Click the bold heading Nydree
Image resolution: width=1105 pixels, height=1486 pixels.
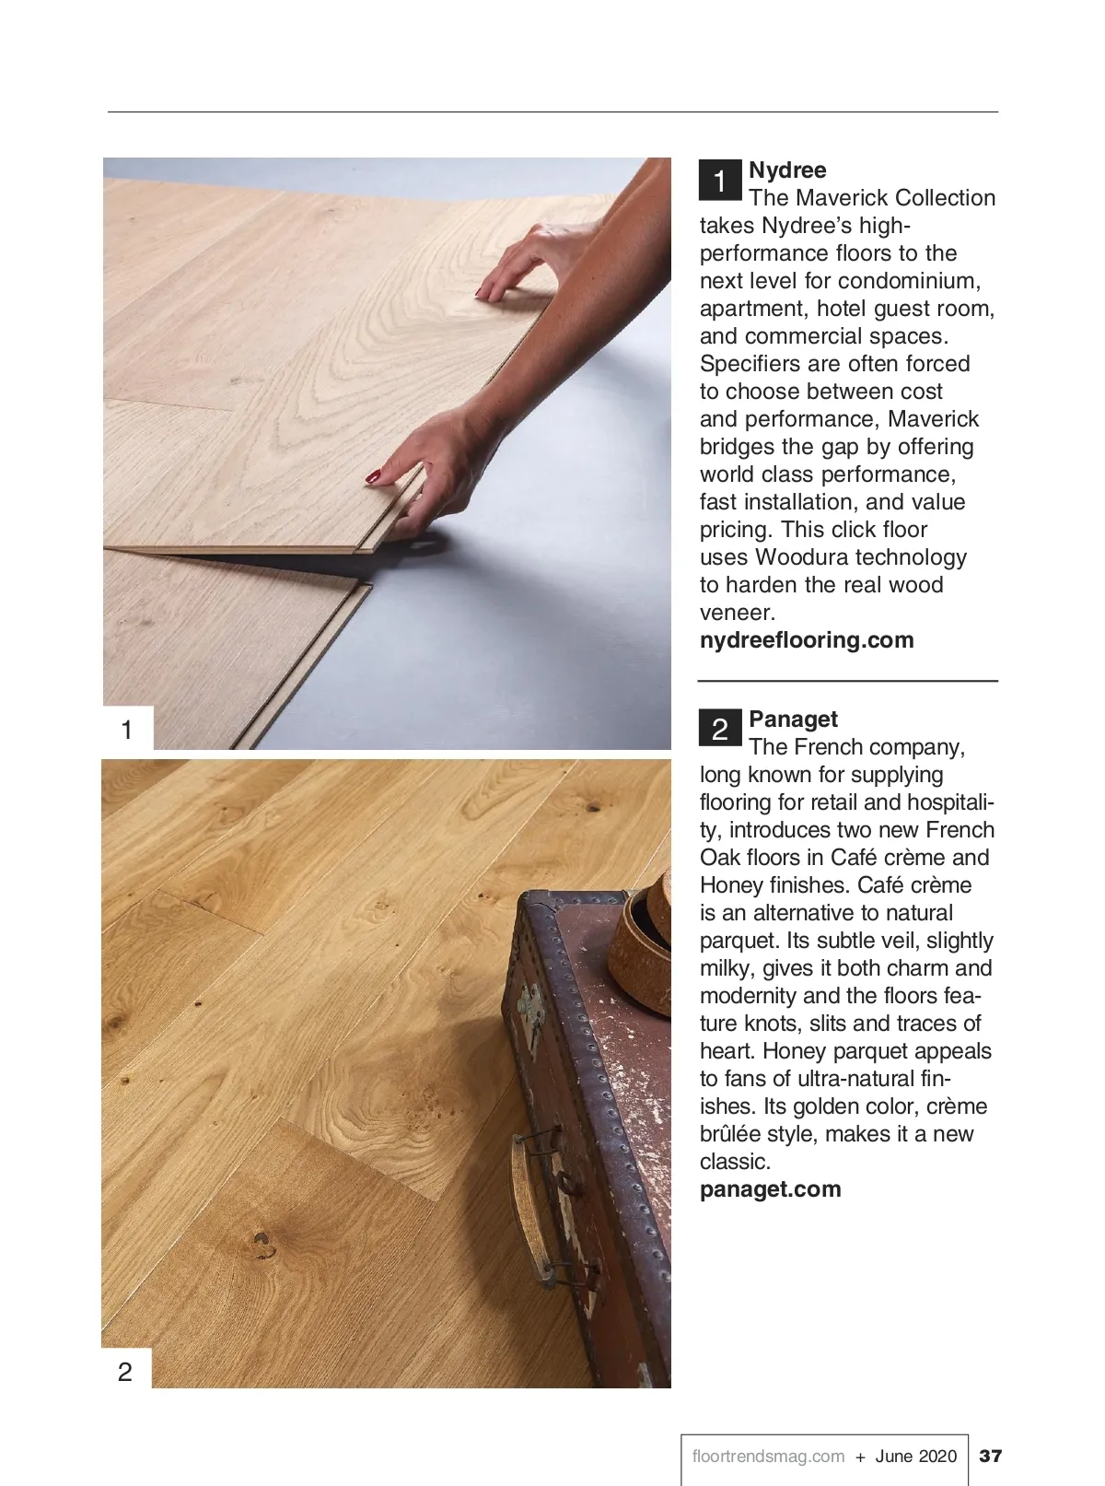tap(787, 170)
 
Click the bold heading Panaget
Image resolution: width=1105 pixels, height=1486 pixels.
tap(793, 720)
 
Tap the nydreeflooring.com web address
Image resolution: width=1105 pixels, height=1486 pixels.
tap(807, 640)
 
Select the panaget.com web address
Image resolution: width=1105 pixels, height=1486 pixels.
tap(770, 1189)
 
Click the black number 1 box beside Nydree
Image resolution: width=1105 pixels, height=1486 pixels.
tap(720, 180)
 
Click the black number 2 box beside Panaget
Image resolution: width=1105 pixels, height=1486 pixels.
tap(720, 728)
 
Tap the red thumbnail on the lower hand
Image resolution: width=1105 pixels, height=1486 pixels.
tap(373, 476)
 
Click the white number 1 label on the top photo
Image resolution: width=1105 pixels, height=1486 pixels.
tap(127, 729)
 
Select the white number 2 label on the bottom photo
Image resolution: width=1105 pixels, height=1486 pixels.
tap(126, 1372)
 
